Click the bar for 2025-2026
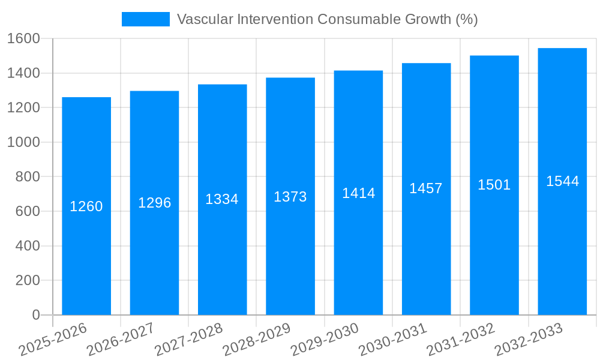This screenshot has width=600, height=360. coord(86,206)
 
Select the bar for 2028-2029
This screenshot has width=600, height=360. coord(290,196)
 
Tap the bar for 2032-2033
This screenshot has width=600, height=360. coord(562,181)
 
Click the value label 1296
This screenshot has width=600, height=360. coord(155,203)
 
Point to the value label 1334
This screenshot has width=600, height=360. coord(222,199)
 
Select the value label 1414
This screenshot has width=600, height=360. coord(358,193)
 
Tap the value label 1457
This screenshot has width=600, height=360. coord(426,188)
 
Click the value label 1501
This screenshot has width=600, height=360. coord(494,185)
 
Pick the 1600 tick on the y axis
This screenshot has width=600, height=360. coord(23,39)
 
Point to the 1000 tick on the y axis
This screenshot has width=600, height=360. coord(23,143)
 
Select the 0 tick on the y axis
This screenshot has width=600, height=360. coord(35,315)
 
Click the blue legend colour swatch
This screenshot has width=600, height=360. coord(146,19)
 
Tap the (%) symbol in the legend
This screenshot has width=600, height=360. coord(466,19)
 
